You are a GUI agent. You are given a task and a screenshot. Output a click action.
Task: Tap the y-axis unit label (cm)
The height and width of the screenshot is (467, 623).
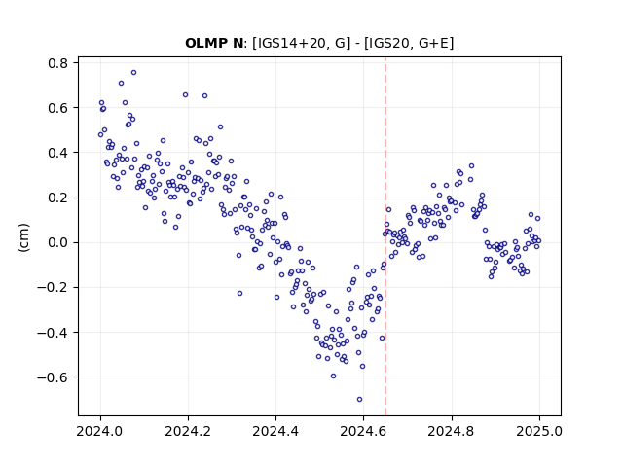(23, 236)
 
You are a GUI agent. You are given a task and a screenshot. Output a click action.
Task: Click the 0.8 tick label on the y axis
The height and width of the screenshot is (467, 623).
(58, 63)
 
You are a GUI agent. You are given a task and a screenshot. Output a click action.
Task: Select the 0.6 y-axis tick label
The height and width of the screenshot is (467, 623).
(58, 108)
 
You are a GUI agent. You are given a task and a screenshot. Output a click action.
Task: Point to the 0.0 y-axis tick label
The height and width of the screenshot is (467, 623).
(58, 242)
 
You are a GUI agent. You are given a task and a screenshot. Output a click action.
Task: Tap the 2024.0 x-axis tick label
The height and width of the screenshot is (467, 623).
(100, 431)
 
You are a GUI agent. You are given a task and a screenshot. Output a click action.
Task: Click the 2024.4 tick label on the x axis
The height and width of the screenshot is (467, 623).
(275, 431)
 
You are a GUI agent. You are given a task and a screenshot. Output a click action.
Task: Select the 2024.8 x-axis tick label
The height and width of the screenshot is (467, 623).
(451, 431)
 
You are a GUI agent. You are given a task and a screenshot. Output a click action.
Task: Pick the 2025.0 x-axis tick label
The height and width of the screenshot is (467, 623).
(539, 431)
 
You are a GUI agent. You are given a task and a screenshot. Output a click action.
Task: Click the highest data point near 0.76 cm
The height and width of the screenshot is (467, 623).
(134, 73)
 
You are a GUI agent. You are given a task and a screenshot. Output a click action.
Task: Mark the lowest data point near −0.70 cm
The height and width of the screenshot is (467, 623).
(359, 400)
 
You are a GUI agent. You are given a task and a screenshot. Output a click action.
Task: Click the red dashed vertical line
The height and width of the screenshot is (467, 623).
(385, 236)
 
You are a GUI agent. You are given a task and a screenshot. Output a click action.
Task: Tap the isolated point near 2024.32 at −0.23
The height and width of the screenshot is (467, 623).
(239, 294)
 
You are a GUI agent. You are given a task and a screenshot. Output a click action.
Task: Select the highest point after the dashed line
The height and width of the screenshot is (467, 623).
(471, 166)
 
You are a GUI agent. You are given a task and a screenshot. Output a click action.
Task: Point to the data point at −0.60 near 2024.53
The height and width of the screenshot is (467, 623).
(333, 377)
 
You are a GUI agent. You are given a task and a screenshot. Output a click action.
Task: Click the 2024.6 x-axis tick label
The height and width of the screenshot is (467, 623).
(363, 431)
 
